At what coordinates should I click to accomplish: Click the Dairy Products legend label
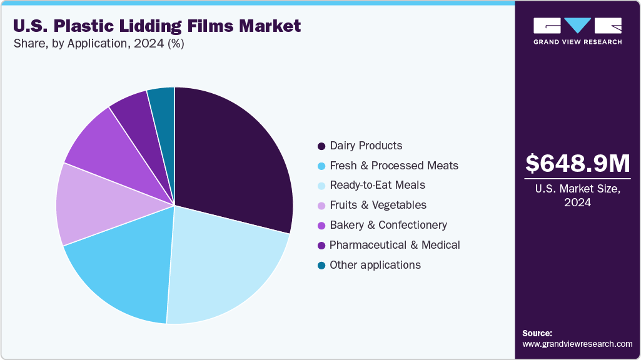[366, 146]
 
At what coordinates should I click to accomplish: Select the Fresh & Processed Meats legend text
[394, 166]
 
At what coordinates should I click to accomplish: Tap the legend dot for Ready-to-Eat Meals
[321, 186]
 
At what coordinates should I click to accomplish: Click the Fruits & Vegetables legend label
[378, 205]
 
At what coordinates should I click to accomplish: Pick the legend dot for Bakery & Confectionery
[321, 226]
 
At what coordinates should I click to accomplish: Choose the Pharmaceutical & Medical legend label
[395, 245]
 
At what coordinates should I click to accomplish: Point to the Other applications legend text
[375, 265]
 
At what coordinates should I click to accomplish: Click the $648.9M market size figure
[577, 163]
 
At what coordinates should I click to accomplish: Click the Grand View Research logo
[577, 31]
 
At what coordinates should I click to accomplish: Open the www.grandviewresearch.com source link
[577, 344]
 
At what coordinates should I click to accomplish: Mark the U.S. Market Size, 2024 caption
[577, 196]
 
